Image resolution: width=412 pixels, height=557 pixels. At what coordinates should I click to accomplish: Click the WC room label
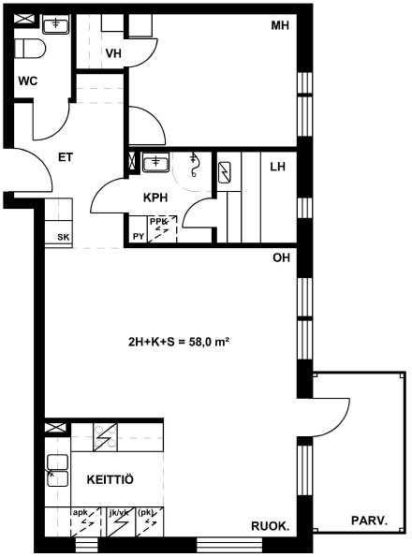[x=28, y=81]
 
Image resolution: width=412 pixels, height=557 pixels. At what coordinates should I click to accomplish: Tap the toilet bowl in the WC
[x=30, y=49]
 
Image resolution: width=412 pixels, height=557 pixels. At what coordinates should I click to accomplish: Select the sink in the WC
[x=56, y=24]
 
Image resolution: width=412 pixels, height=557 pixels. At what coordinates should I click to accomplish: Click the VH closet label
[x=113, y=53]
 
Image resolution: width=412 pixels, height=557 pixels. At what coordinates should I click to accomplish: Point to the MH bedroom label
[x=280, y=25]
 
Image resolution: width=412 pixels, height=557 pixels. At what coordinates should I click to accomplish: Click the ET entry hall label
[x=66, y=157]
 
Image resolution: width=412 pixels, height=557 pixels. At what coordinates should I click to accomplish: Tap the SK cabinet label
[x=64, y=237]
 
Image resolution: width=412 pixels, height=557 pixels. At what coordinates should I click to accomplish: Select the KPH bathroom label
[x=155, y=198]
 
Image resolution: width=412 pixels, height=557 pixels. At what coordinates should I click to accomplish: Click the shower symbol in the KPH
[x=194, y=165]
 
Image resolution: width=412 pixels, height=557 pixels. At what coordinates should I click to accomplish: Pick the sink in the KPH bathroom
[x=155, y=163]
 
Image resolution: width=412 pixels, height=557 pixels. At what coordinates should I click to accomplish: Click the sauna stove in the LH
[x=225, y=172]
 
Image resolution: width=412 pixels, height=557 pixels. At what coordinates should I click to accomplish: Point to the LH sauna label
[x=278, y=167]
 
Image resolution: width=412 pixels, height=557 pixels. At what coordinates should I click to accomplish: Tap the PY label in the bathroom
[x=139, y=236]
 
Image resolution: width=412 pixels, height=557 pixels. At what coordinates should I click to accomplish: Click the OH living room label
[x=281, y=257]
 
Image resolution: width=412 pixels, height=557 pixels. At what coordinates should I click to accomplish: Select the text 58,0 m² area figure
[x=205, y=342]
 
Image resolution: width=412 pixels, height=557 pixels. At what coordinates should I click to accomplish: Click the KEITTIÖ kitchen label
[x=110, y=480]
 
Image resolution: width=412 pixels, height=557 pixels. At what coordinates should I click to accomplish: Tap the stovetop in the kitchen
[x=105, y=437]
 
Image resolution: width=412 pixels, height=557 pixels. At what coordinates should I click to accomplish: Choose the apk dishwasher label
[x=80, y=513]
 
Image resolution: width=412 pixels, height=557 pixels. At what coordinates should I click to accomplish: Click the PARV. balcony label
[x=369, y=520]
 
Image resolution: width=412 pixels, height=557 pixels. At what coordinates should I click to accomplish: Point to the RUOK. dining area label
[x=271, y=526]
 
